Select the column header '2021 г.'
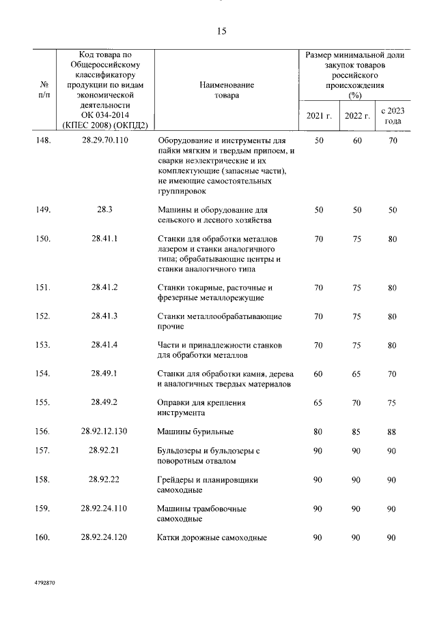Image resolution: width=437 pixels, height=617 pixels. click(318, 116)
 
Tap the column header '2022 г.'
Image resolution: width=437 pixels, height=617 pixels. click(356, 116)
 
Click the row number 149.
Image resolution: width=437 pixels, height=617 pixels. click(42, 210)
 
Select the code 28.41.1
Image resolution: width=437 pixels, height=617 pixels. click(104, 239)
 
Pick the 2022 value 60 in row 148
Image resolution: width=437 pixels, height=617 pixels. click(356, 140)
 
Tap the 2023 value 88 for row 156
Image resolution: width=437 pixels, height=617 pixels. click(392, 431)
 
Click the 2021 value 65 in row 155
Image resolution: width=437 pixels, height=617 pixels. click(318, 402)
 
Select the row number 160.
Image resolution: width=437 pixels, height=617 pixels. click(42, 537)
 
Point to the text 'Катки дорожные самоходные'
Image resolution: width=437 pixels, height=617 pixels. click(211, 537)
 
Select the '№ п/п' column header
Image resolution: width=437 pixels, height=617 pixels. click(44, 90)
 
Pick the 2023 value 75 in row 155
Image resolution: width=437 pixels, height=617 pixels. click(392, 402)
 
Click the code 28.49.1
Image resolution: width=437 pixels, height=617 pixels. click(104, 374)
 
